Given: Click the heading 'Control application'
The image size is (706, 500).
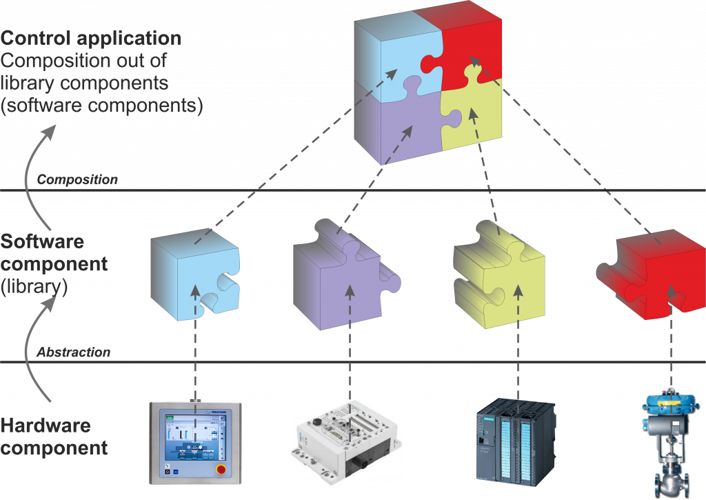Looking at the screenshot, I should pos(92,37).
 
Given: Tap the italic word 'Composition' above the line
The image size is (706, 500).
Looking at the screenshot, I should pos(77,180).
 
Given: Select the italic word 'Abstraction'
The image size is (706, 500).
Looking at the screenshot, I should pos(73,352).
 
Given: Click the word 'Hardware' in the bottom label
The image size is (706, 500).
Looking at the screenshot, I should pos(46,426).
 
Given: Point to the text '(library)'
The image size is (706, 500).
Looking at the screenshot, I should pos(34,286).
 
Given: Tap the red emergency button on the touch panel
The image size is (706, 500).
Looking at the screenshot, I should pos(221,470).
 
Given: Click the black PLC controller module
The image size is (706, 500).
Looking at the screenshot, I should pos(516,438).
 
